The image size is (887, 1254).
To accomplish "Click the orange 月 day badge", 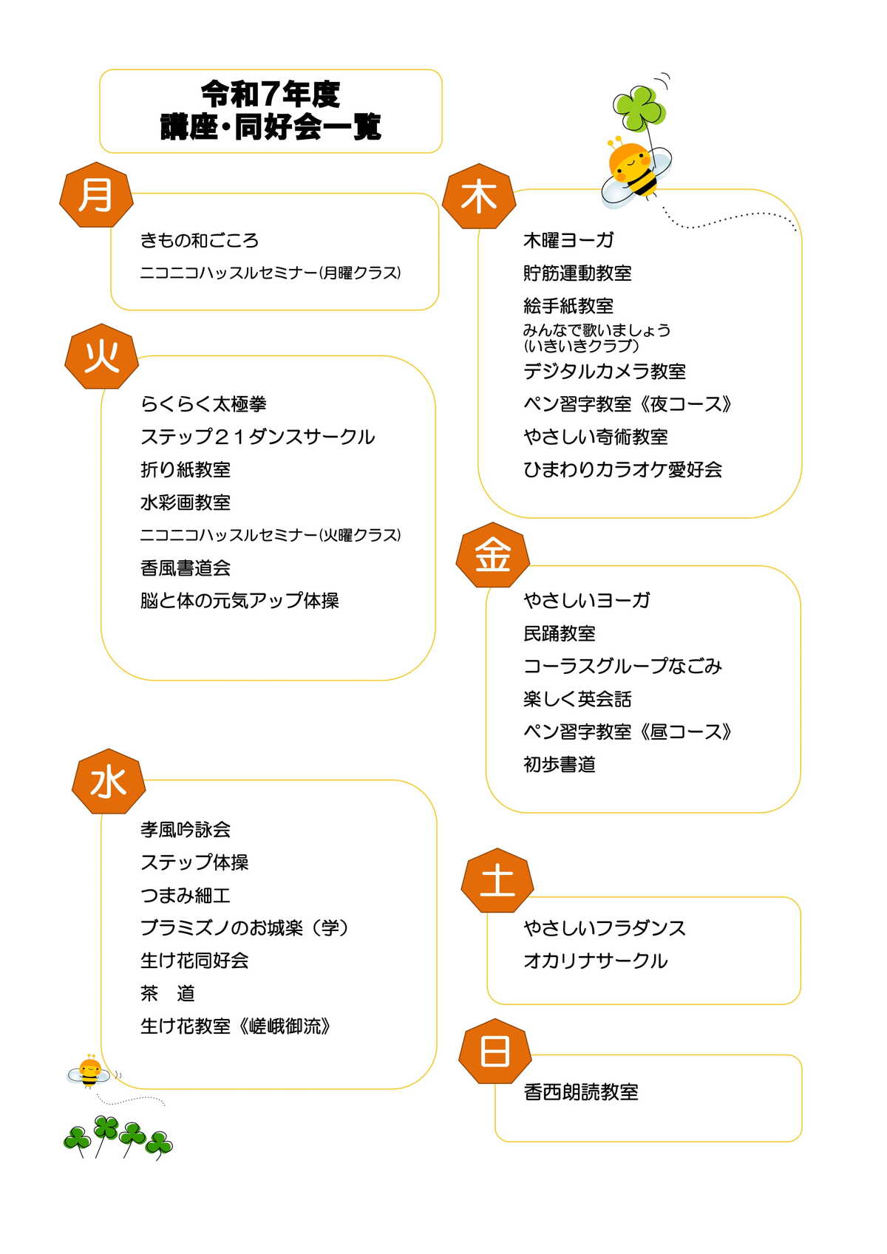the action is tap(96, 195).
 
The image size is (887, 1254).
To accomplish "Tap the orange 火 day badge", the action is tap(101, 357).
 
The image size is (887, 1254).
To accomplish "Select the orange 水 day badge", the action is tap(109, 782).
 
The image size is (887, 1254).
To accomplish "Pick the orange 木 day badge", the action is tap(479, 197).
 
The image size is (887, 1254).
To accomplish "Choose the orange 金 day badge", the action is tap(493, 555).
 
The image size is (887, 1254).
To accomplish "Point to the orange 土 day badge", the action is tap(497, 880).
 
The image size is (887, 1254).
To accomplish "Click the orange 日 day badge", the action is tap(495, 1051).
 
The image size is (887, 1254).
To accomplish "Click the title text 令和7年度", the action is tap(271, 94).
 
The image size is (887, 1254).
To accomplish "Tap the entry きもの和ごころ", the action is tap(200, 241).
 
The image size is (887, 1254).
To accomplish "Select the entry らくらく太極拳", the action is tap(203, 403).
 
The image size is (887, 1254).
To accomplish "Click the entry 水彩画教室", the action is tap(186, 502).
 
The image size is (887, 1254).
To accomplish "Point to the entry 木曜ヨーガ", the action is tap(568, 240).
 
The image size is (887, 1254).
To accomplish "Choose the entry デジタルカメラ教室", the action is tap(604, 371).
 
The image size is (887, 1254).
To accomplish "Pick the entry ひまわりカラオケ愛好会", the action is tap(622, 469).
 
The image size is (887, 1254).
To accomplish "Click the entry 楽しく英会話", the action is tap(577, 698).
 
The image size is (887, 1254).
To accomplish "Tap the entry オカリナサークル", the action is tap(595, 961).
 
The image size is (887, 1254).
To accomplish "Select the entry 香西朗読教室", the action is tap(581, 1091).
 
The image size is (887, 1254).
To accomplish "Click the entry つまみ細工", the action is tap(186, 895).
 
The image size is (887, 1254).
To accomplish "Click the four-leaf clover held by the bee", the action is tap(639, 108).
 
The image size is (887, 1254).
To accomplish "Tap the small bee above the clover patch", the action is tap(89, 1072).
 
